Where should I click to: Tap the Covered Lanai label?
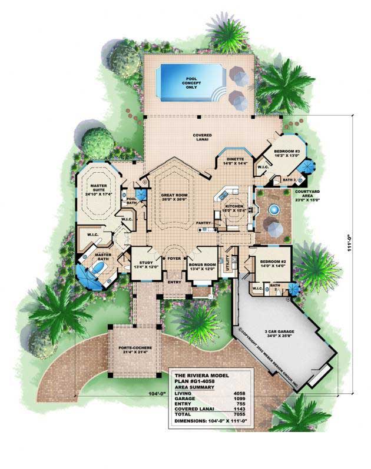click(202, 138)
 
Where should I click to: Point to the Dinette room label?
click(233, 160)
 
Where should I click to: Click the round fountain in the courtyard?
click(273, 209)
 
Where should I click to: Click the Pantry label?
click(204, 223)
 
